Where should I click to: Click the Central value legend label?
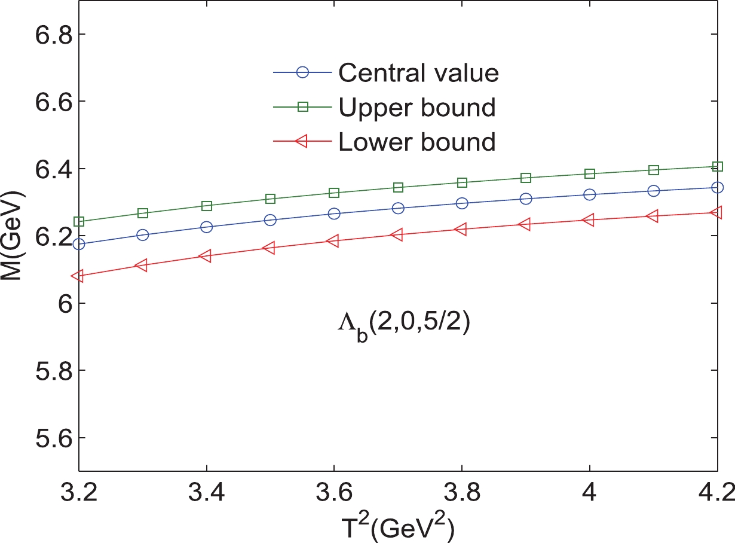(418, 73)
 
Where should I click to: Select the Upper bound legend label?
(416, 108)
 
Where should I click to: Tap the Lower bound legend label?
(416, 142)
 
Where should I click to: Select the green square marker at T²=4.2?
(717, 166)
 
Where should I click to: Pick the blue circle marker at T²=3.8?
(462, 203)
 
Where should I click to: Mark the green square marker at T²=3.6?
(334, 193)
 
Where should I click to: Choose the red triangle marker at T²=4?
(589, 220)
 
